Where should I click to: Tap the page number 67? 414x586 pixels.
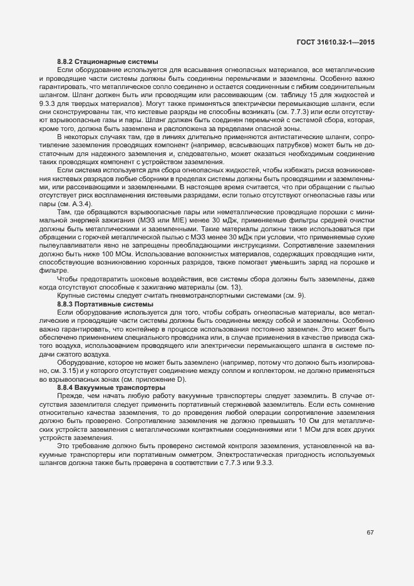pos(370,532)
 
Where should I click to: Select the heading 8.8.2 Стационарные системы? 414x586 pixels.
pos(107,61)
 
